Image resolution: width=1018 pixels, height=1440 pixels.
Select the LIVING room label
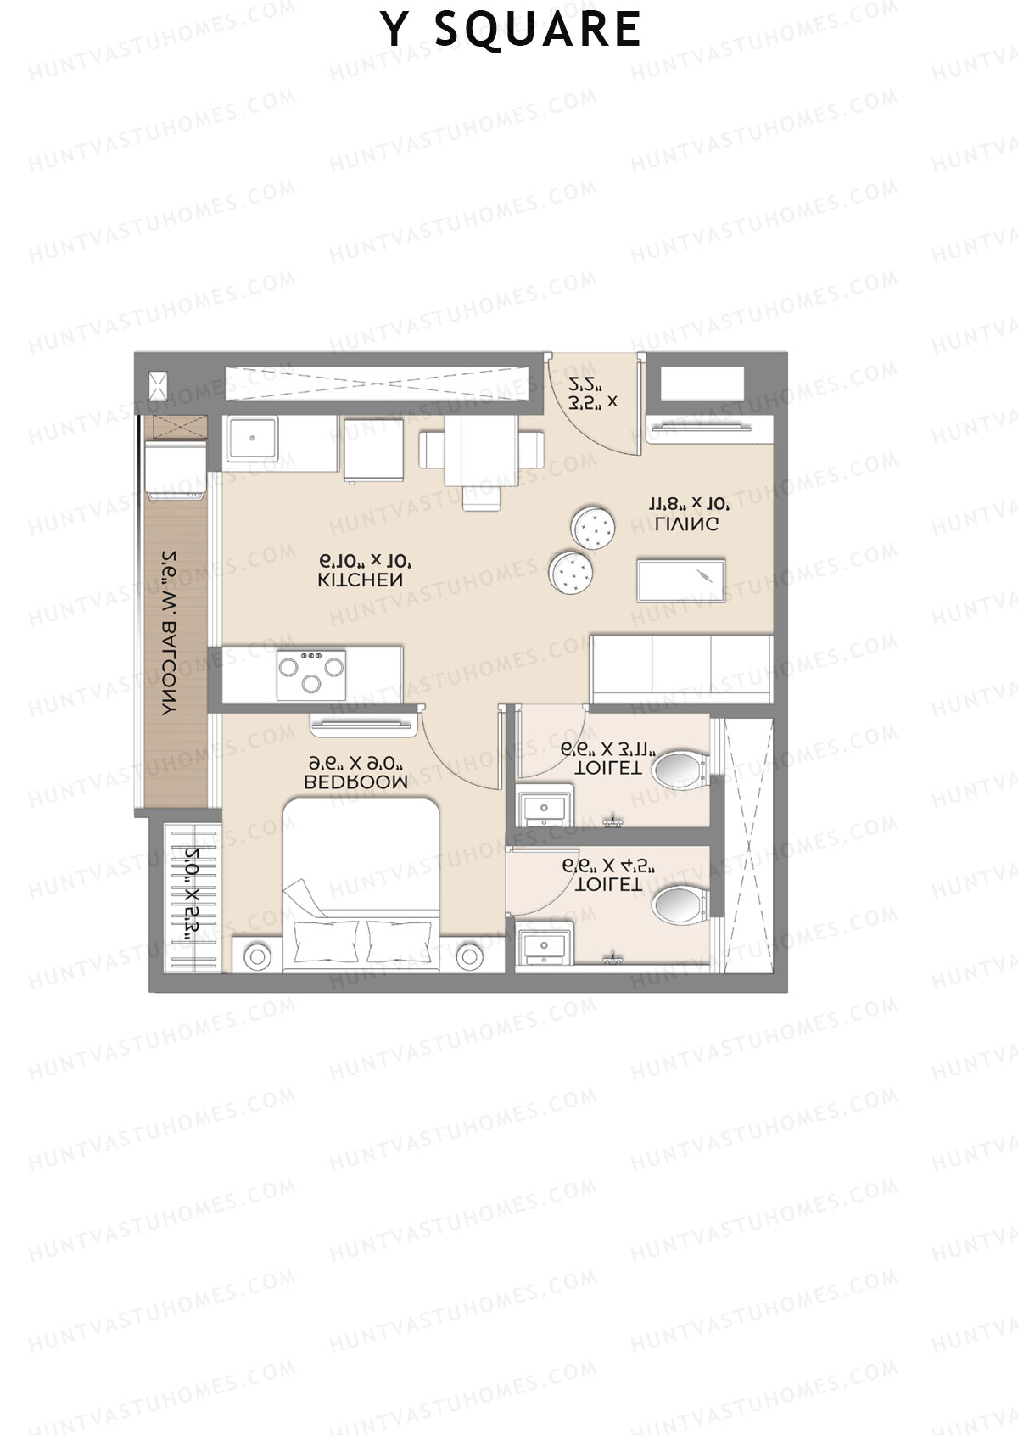pyautogui.click(x=687, y=524)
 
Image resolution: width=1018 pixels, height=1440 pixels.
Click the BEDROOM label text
pyautogui.click(x=355, y=782)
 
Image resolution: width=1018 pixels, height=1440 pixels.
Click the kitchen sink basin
pyautogui.click(x=251, y=440)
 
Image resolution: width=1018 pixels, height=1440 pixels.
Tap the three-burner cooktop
pyautogui.click(x=310, y=675)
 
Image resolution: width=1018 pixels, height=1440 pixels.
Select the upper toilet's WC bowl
pyautogui.click(x=680, y=770)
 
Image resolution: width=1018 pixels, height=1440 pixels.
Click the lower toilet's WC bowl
pyautogui.click(x=680, y=905)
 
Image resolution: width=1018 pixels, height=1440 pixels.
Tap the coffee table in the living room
pyautogui.click(x=680, y=581)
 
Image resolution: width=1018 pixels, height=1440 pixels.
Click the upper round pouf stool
pyautogui.click(x=593, y=527)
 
